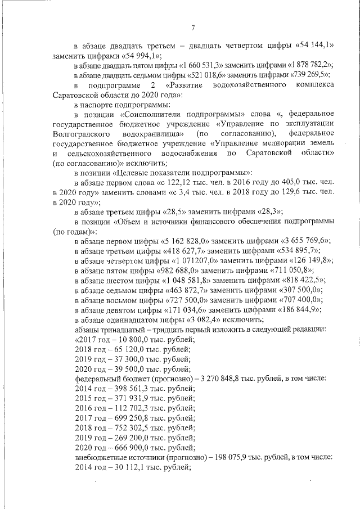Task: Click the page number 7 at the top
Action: pos(192,28)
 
